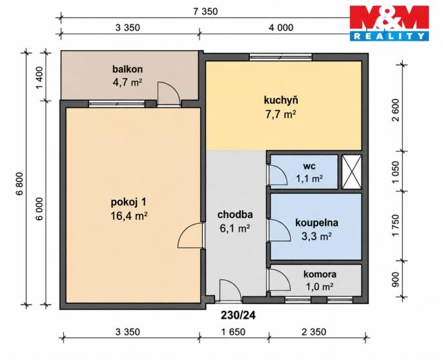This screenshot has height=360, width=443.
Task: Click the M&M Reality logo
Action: [389, 23]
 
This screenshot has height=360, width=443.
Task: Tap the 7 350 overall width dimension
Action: [205, 12]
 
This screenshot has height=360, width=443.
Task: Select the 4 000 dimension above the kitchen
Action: [281, 28]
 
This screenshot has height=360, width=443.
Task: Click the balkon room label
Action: [127, 69]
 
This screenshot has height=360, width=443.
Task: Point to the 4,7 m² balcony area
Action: [127, 83]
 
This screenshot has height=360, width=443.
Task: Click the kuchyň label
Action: [281, 100]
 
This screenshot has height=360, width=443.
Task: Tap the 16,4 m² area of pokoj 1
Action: [129, 216]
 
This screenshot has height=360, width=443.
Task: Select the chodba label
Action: [235, 215]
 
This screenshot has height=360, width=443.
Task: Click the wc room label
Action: [309, 166]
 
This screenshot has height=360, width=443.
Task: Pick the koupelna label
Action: [316, 223]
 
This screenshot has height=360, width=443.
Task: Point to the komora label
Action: [320, 274]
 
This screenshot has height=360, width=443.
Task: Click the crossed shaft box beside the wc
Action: [352, 172]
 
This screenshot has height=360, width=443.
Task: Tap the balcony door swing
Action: [169, 94]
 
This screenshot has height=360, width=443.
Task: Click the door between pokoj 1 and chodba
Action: [191, 235]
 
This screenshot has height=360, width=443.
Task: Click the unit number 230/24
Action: [238, 315]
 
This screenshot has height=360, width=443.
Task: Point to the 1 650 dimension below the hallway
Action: [233, 332]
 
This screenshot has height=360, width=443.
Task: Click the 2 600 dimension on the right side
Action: [396, 110]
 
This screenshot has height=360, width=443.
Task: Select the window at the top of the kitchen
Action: [280, 57]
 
